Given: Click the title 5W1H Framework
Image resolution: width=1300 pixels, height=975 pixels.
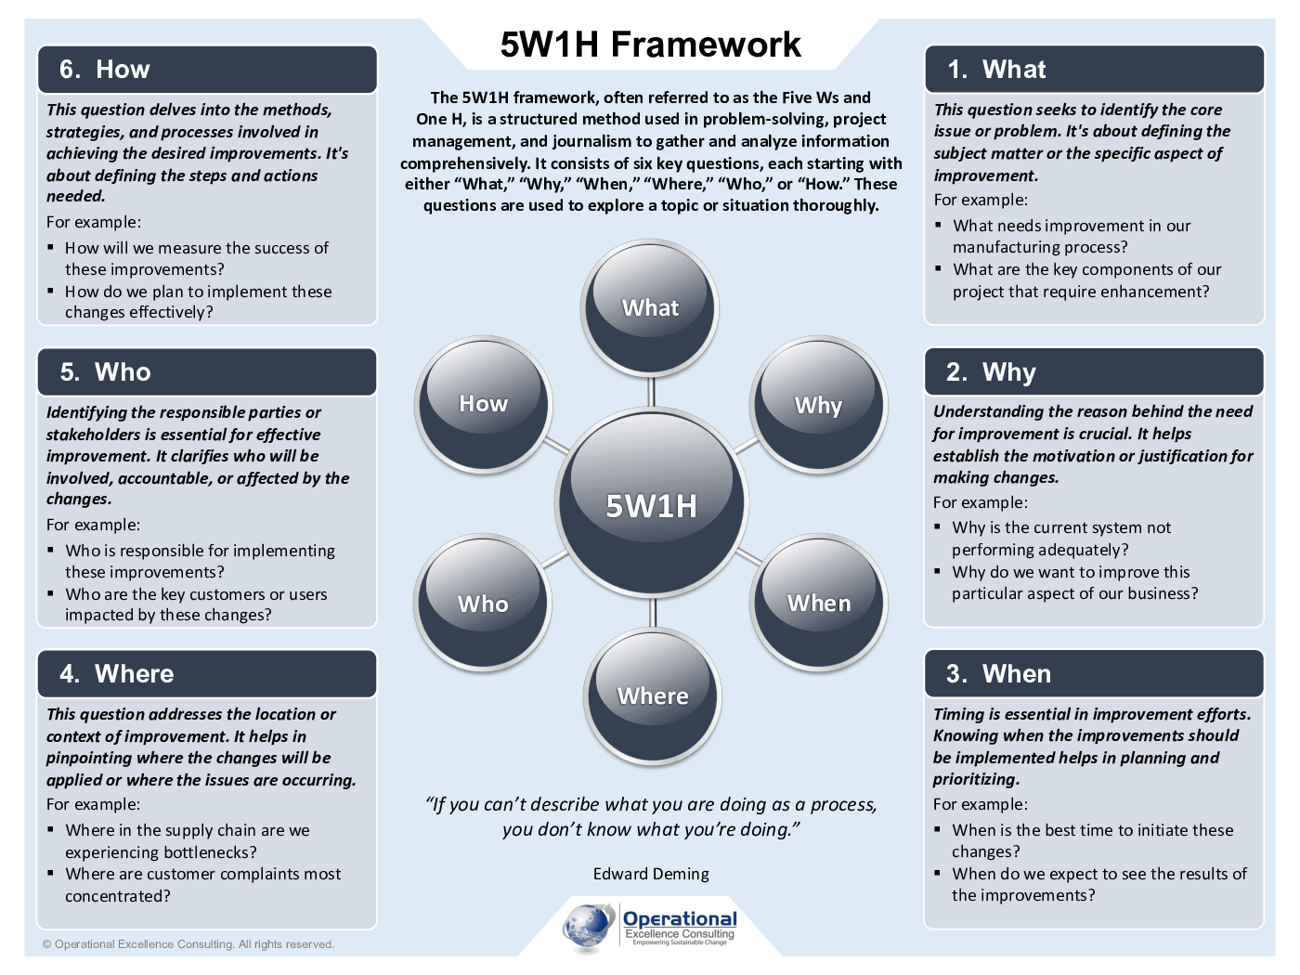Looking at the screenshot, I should tap(650, 45).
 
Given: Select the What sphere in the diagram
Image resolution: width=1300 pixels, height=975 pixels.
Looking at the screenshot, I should tap(650, 307).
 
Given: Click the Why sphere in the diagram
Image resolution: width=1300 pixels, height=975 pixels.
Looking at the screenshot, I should tap(818, 405).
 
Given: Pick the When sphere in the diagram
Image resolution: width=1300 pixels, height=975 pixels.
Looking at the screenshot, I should tap(819, 603).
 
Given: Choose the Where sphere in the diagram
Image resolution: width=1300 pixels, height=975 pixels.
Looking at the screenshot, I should tap(653, 695).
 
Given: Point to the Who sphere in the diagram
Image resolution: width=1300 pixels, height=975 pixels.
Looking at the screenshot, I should tap(483, 604).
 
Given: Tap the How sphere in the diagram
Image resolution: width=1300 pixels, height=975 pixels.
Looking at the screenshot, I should tap(483, 403).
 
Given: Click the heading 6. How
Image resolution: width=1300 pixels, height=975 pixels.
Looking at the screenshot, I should tap(104, 70).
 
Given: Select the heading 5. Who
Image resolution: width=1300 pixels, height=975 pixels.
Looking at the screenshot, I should tap(105, 372).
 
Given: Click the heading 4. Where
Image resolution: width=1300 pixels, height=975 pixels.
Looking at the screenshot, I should tap(116, 674).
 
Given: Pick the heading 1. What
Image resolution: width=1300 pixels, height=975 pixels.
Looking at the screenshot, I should tap(996, 70).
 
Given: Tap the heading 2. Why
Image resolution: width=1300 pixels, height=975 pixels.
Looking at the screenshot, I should tap(991, 372).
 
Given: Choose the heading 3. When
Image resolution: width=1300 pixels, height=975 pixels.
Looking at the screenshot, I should tap(998, 674).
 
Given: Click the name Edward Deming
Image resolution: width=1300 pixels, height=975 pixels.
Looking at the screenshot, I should tap(651, 874).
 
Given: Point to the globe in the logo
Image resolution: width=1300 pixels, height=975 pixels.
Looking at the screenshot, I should tap(589, 927).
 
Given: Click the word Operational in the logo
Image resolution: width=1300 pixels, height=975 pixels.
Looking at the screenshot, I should tap(680, 919).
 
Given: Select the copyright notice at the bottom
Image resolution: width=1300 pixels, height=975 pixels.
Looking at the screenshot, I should tap(188, 944).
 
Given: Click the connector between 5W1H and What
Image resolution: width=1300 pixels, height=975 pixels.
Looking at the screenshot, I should tap(652, 392).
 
